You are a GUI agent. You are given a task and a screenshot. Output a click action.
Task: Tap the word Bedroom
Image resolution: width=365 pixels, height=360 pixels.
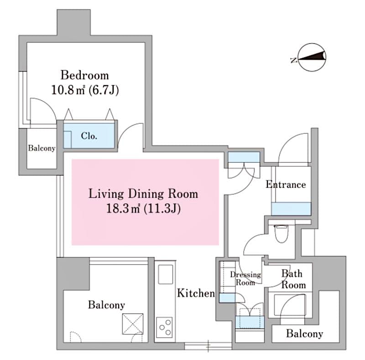(85, 75)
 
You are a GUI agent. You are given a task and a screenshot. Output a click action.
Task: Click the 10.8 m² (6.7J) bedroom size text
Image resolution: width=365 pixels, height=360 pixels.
(85, 90)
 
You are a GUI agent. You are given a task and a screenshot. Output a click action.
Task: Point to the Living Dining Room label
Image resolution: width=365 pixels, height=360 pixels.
(143, 194)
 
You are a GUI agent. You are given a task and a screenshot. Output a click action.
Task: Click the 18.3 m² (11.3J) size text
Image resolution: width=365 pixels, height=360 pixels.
(143, 209)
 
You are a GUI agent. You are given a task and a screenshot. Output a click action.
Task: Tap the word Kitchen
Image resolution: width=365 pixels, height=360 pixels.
(196, 293)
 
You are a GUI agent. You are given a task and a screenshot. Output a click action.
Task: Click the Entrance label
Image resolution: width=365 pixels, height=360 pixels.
(286, 185)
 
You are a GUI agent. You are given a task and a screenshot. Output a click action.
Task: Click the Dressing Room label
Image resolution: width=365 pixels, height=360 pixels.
(245, 278)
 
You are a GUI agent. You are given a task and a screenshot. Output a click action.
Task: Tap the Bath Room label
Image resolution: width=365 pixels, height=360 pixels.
(293, 279)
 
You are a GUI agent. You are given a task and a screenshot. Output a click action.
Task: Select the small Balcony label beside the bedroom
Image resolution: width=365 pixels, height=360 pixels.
(42, 148)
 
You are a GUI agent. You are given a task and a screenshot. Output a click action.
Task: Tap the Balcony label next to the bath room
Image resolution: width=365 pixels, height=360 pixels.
(304, 334)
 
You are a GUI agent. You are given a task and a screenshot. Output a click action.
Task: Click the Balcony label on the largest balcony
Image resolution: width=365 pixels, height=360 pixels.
(106, 305)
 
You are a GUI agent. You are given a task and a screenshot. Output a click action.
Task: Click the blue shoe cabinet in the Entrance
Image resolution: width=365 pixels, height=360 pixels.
(291, 209)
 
